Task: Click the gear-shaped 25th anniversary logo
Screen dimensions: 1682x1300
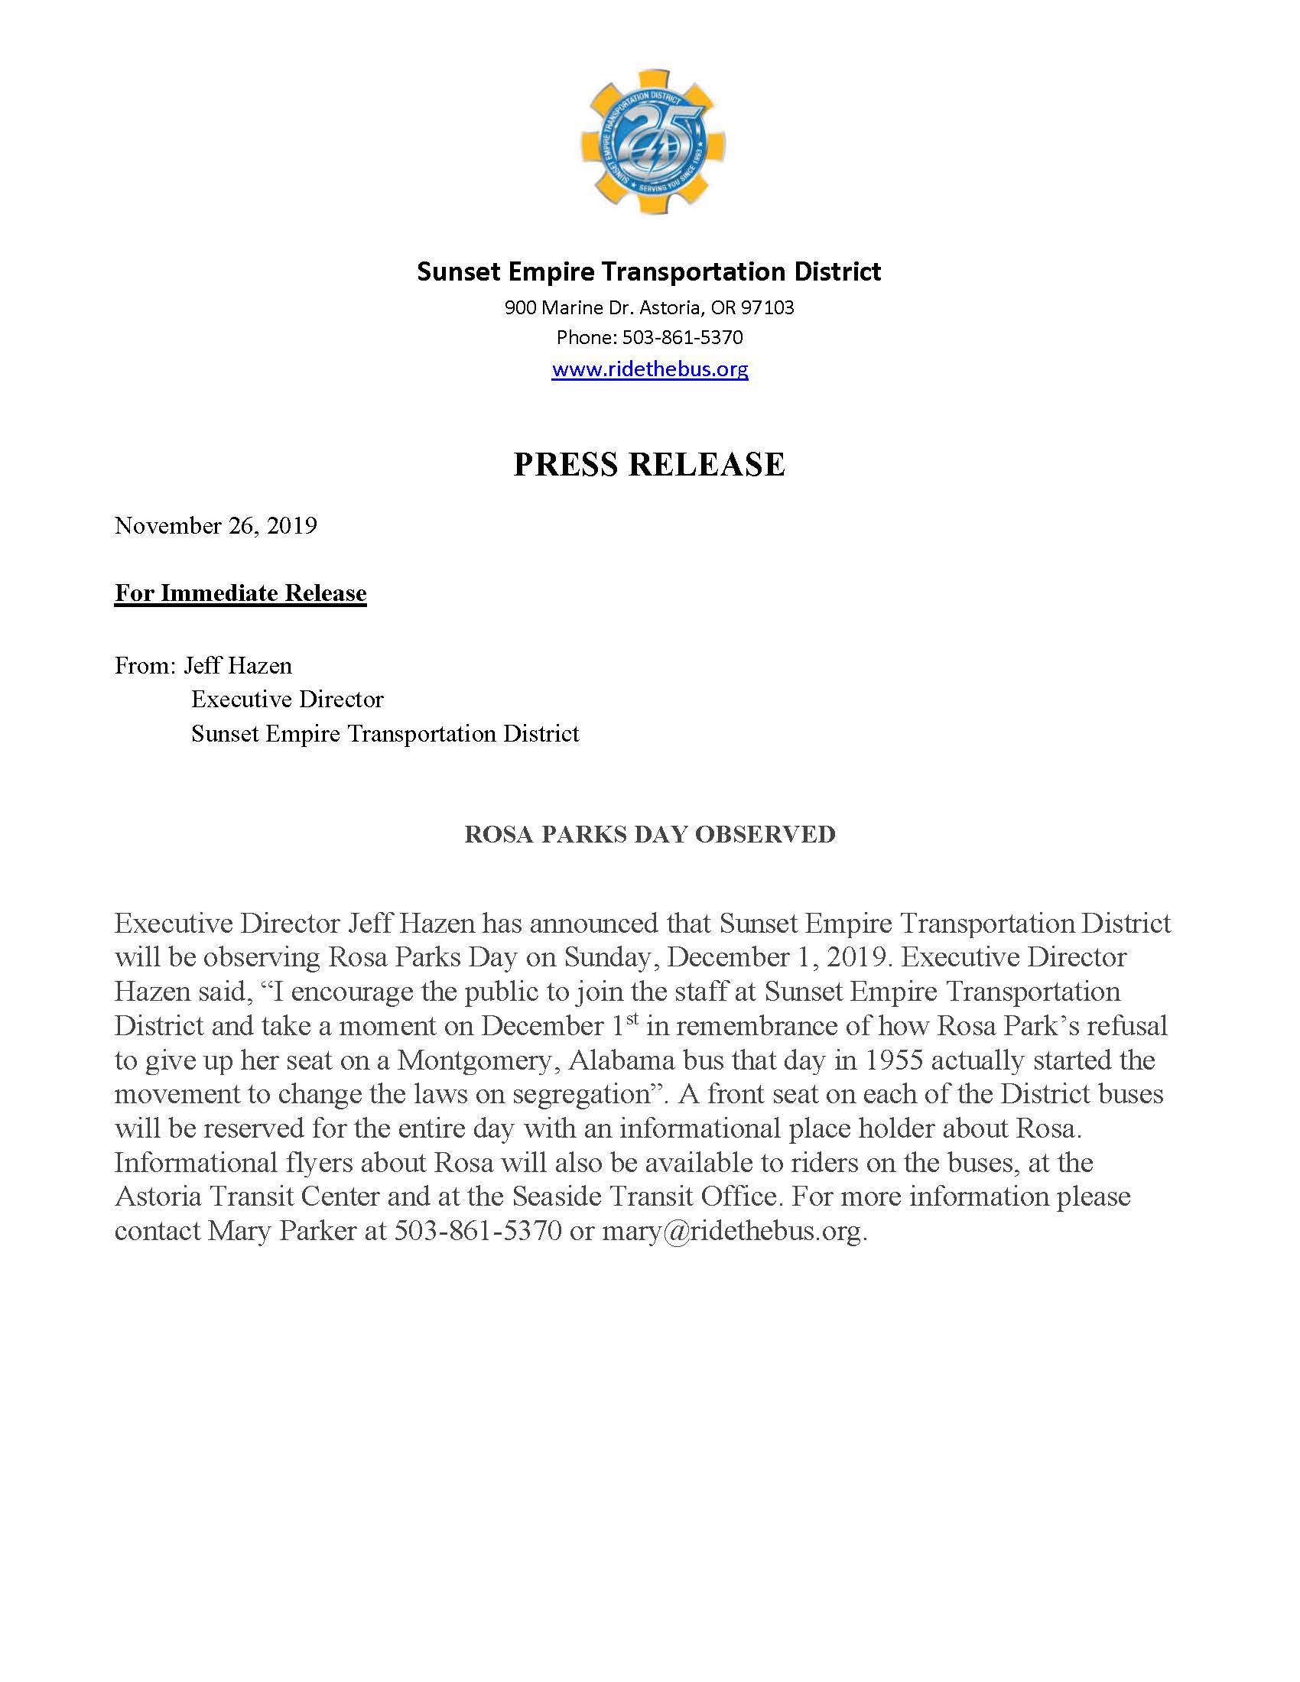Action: tap(652, 141)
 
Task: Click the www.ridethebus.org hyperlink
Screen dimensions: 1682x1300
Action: tap(649, 369)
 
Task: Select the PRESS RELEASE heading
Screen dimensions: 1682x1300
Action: tap(649, 464)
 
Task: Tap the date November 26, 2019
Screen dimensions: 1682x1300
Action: tap(216, 525)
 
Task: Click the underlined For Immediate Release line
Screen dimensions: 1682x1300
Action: tap(240, 593)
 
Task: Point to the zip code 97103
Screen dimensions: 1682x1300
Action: tap(767, 308)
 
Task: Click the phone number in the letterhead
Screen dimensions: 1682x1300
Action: tap(681, 337)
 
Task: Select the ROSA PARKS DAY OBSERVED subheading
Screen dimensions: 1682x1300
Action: tap(649, 834)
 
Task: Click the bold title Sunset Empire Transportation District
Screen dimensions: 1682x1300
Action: tap(649, 271)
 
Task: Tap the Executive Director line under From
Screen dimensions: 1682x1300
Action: tap(288, 699)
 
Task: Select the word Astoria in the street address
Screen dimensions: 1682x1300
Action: tap(669, 308)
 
